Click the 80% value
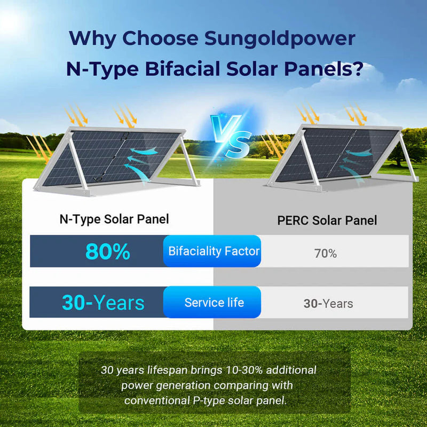coord(107,251)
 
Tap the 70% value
coord(325,254)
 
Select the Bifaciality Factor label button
coord(213,251)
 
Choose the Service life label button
coord(213,303)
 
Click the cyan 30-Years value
coord(103,303)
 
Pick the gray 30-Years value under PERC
coord(328,304)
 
